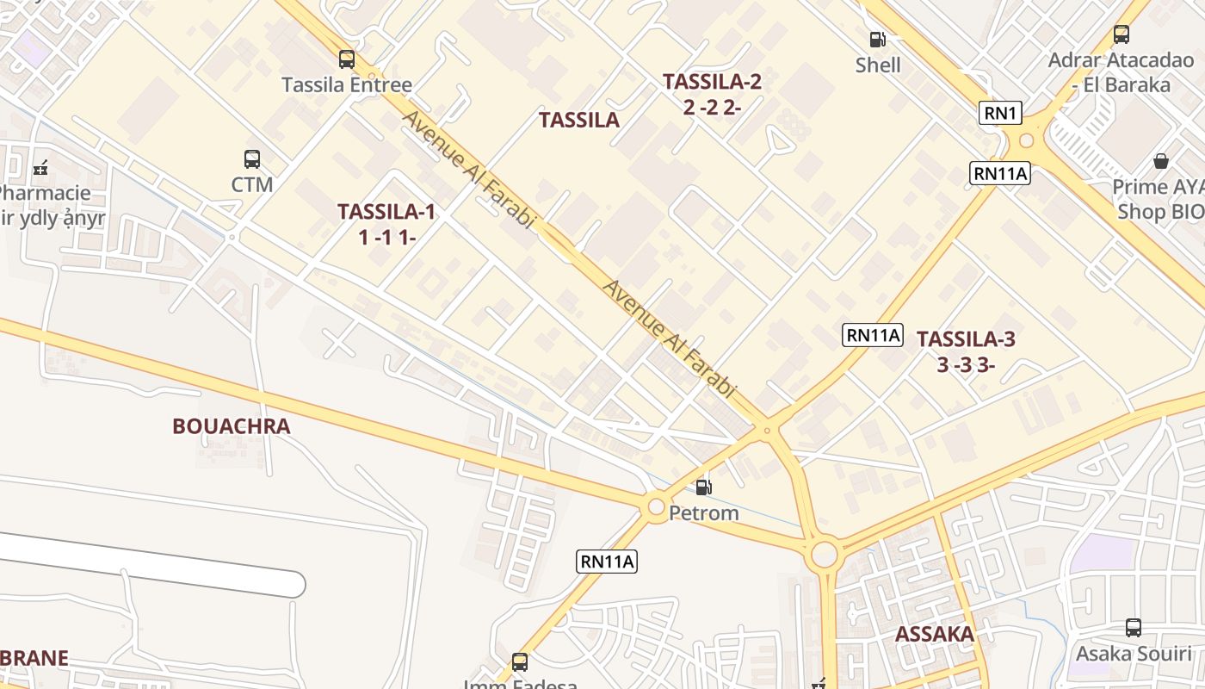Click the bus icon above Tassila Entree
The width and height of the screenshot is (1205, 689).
pos(346,59)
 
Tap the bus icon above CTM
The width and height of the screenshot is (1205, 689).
pos(251,159)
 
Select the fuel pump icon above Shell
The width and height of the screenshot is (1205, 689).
pos(877,40)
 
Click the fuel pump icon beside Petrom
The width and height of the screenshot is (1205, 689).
pos(703,488)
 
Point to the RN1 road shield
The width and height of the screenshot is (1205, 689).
pos(999,113)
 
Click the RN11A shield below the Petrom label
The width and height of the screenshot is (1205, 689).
pos(606,562)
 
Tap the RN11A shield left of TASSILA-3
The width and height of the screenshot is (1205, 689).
pos(872,335)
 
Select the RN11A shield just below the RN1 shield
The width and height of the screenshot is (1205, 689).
pos(999,173)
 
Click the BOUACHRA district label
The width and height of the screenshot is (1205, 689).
pos(231,426)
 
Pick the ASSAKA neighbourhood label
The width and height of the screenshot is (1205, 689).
pos(935,635)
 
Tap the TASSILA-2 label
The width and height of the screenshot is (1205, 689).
pos(712,82)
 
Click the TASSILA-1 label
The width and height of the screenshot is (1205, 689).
pos(386,212)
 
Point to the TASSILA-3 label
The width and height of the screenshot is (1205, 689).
pos(966,338)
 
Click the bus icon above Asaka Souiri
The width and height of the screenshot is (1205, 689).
pos(1134,628)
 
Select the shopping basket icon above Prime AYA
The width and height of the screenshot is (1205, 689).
pos(1161,161)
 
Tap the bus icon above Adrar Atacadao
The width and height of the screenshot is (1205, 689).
pos(1121,34)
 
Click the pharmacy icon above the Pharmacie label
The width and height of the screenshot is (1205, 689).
pos(40,168)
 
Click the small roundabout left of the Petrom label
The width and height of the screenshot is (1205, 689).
pos(656,506)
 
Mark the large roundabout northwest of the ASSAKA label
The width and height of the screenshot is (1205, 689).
pos(824,554)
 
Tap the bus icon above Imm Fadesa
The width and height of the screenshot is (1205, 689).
pos(519,662)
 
